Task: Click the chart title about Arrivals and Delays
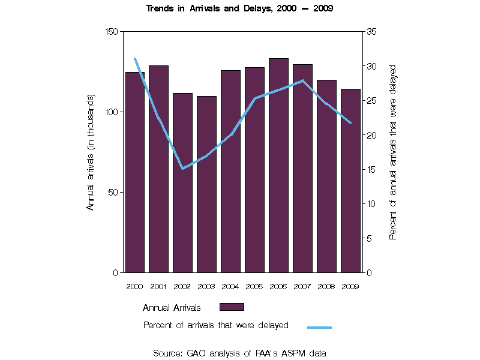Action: tap(239, 9)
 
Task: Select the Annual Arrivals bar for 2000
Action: tap(134, 174)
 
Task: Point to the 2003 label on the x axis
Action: tap(206, 286)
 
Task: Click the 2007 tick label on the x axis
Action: tap(302, 286)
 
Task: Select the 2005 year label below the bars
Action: tap(254, 286)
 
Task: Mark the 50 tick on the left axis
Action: tap(115, 192)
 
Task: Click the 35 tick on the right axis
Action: tap(371, 31)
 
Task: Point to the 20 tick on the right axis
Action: tap(371, 135)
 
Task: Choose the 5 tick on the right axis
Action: tap(369, 238)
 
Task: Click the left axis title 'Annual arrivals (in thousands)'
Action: tap(91, 152)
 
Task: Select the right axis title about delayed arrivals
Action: tap(393, 152)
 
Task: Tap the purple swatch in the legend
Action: tap(232, 307)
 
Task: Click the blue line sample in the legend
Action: tap(319, 327)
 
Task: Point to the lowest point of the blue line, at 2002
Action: tap(182, 169)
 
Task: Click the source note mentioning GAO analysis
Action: tap(239, 353)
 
